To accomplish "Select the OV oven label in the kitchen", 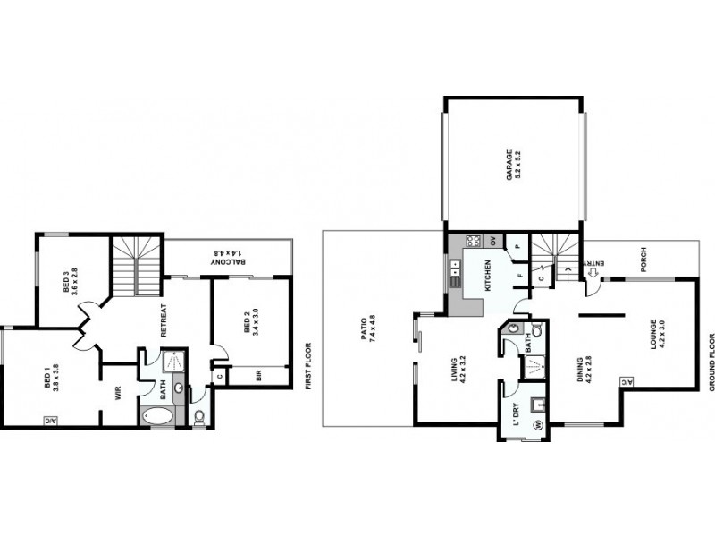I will tap(492, 240).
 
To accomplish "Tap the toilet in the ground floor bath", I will tap(511, 329).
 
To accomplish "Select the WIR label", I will tap(117, 391).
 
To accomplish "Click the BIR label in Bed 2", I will tap(258, 377).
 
